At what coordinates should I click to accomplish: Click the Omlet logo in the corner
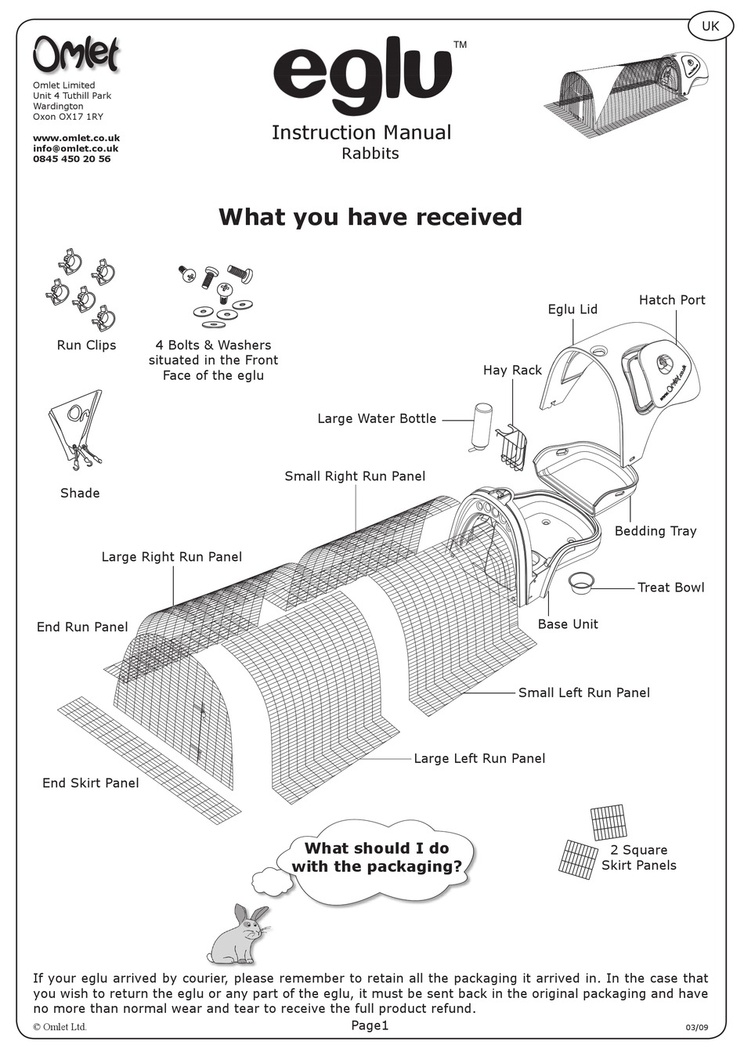coord(76,55)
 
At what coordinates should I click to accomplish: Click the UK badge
coord(710,27)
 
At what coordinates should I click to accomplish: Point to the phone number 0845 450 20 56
coord(71,159)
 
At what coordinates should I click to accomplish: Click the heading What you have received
coord(370,217)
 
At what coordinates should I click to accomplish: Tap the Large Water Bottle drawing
coord(482,427)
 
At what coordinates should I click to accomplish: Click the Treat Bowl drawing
coord(581,582)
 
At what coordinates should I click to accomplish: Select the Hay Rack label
coord(512,370)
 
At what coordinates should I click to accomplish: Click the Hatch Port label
coord(672,300)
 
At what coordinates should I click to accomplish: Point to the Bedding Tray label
coord(656,531)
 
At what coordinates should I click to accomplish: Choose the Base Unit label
coord(568,624)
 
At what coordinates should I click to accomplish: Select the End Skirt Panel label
coord(91,783)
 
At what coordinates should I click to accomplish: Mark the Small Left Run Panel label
coord(584,693)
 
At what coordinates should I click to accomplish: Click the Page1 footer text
coord(370,1026)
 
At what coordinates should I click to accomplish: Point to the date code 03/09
coord(696,1028)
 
